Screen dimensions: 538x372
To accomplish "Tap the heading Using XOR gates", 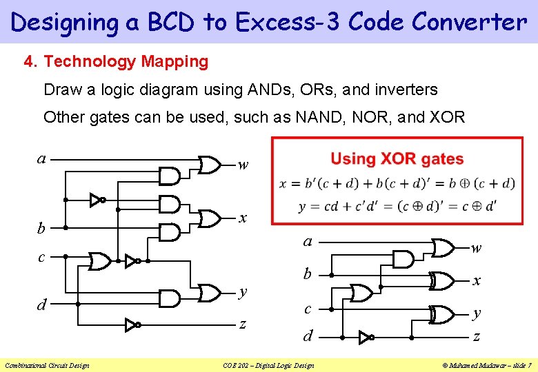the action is click(x=397, y=159).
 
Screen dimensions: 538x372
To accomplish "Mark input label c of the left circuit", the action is click(x=41, y=257).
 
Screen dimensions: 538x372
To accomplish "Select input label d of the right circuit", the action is click(x=309, y=337).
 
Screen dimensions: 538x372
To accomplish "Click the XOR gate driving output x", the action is click(x=439, y=281).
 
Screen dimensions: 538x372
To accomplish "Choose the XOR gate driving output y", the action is click(x=439, y=314).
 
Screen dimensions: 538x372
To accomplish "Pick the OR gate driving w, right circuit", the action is click(x=441, y=247).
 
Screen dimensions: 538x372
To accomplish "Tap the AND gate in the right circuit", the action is click(x=403, y=259).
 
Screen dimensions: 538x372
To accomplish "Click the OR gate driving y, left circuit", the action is click(x=208, y=293).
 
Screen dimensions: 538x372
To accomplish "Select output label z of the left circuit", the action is click(x=242, y=324).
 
